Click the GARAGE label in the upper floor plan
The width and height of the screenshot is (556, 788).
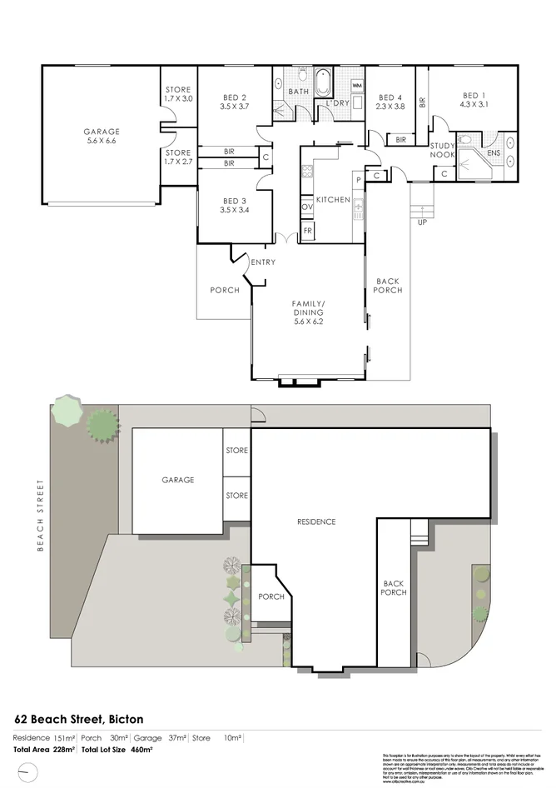tap(101, 132)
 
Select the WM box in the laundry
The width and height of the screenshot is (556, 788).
tap(357, 86)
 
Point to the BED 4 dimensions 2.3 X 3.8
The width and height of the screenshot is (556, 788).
tap(390, 107)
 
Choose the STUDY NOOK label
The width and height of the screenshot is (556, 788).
tap(442, 149)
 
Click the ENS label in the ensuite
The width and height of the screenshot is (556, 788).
tap(493, 153)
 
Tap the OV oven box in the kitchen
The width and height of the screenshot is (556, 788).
tap(306, 207)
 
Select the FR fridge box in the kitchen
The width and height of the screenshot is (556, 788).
tap(307, 230)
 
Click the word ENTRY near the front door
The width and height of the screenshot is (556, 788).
tap(264, 263)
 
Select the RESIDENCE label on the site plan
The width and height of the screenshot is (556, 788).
tap(316, 522)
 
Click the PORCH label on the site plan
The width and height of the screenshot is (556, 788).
tap(271, 596)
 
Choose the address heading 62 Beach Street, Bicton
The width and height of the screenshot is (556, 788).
tap(79, 718)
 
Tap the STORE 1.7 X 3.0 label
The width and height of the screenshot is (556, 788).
tap(177, 94)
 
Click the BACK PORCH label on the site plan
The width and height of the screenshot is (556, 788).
tap(393, 588)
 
